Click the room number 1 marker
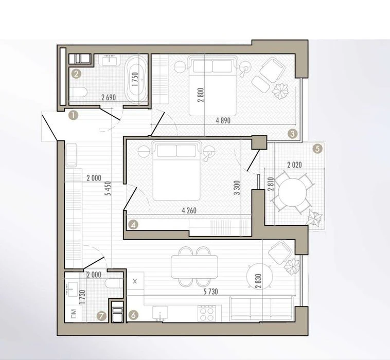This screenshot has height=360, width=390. coord(74,115)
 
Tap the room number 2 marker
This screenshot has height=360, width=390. coord(76,74)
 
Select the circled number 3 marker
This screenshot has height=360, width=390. coord(292,134)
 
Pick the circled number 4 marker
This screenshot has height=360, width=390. coord(133,225)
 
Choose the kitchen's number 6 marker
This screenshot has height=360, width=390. coord(133,315)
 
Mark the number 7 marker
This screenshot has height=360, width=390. coord(101,316)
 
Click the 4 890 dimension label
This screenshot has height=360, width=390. coord(223,120)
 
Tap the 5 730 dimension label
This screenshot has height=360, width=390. coord(210,292)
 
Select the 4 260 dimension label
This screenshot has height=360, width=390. coord(189,210)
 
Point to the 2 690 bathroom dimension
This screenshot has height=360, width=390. coord(109,97)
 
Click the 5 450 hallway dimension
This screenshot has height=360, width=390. coord(109,188)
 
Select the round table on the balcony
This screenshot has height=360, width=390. coord(292,192)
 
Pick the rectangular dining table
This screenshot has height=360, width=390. coord(194,267)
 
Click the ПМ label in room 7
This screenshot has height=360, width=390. coord(74,313)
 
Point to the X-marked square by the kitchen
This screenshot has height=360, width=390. coord(135,281)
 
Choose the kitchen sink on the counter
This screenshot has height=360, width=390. coord(160,313)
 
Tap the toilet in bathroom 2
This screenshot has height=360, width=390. coord(78,93)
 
